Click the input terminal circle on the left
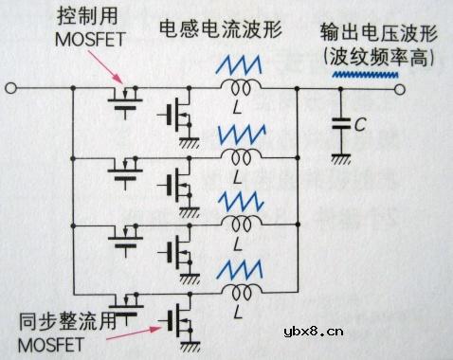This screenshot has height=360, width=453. pyautogui.click(x=10, y=91)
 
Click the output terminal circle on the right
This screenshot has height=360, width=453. pyautogui.click(x=401, y=91)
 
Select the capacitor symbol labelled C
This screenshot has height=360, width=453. pyautogui.click(x=338, y=123)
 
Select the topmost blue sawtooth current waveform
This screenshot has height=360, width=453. pyautogui.click(x=241, y=65)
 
